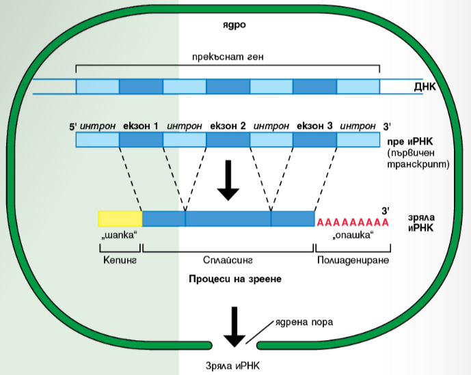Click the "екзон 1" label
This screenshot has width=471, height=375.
[141, 126]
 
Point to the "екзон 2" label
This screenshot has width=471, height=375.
[228, 126]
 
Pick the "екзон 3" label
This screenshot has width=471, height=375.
[315, 126]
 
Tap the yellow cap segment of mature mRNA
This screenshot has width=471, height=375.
[120, 219]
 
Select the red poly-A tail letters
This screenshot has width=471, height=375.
[353, 222]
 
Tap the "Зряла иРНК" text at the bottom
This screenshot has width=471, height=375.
[232, 364]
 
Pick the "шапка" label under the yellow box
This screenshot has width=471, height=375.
[120, 236]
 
